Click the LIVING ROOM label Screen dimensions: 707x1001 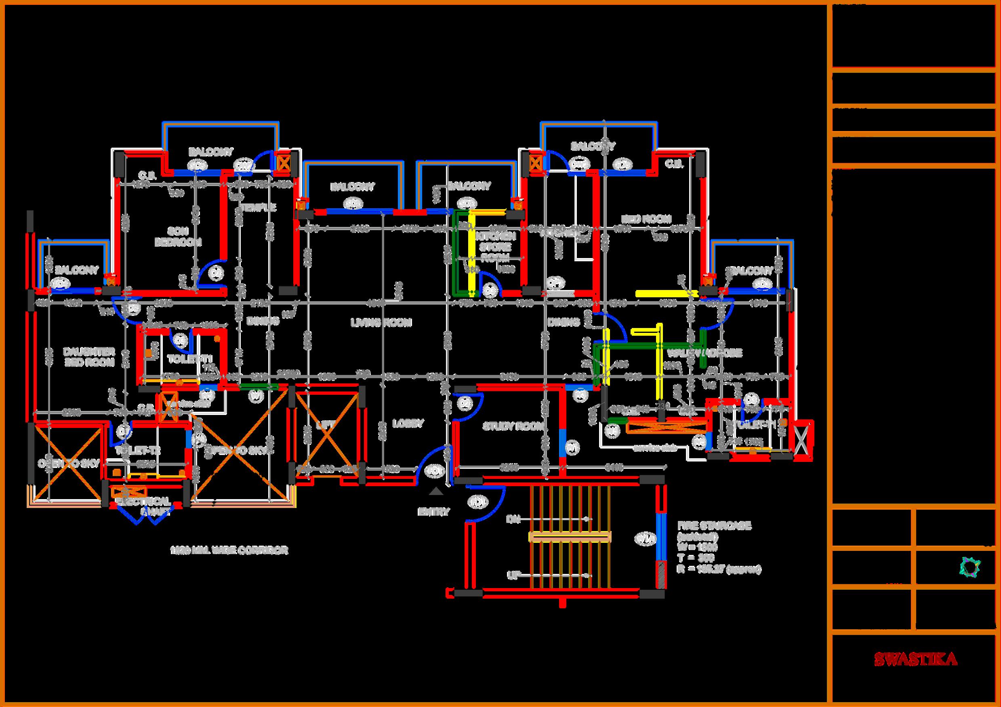pyautogui.click(x=381, y=322)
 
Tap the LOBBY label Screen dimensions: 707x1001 pyautogui.click(x=408, y=423)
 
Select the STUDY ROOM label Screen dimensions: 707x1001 pyautogui.click(x=513, y=426)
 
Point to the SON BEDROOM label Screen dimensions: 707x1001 pyautogui.click(x=178, y=236)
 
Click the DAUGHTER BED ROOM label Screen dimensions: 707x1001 pyautogui.click(x=88, y=357)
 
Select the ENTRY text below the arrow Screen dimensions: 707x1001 pyautogui.click(x=433, y=512)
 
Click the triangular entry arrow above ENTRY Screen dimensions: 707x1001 pyautogui.click(x=435, y=491)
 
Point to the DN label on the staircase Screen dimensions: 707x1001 pyautogui.click(x=512, y=519)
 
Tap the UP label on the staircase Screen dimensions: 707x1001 pyautogui.click(x=512, y=576)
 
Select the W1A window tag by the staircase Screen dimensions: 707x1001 pyautogui.click(x=646, y=539)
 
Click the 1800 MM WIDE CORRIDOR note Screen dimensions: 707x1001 pyautogui.click(x=229, y=550)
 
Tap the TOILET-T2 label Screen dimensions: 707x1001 pyautogui.click(x=138, y=451)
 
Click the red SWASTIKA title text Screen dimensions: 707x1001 pyautogui.click(x=915, y=671)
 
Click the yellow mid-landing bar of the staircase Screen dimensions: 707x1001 pyautogui.click(x=570, y=536)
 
